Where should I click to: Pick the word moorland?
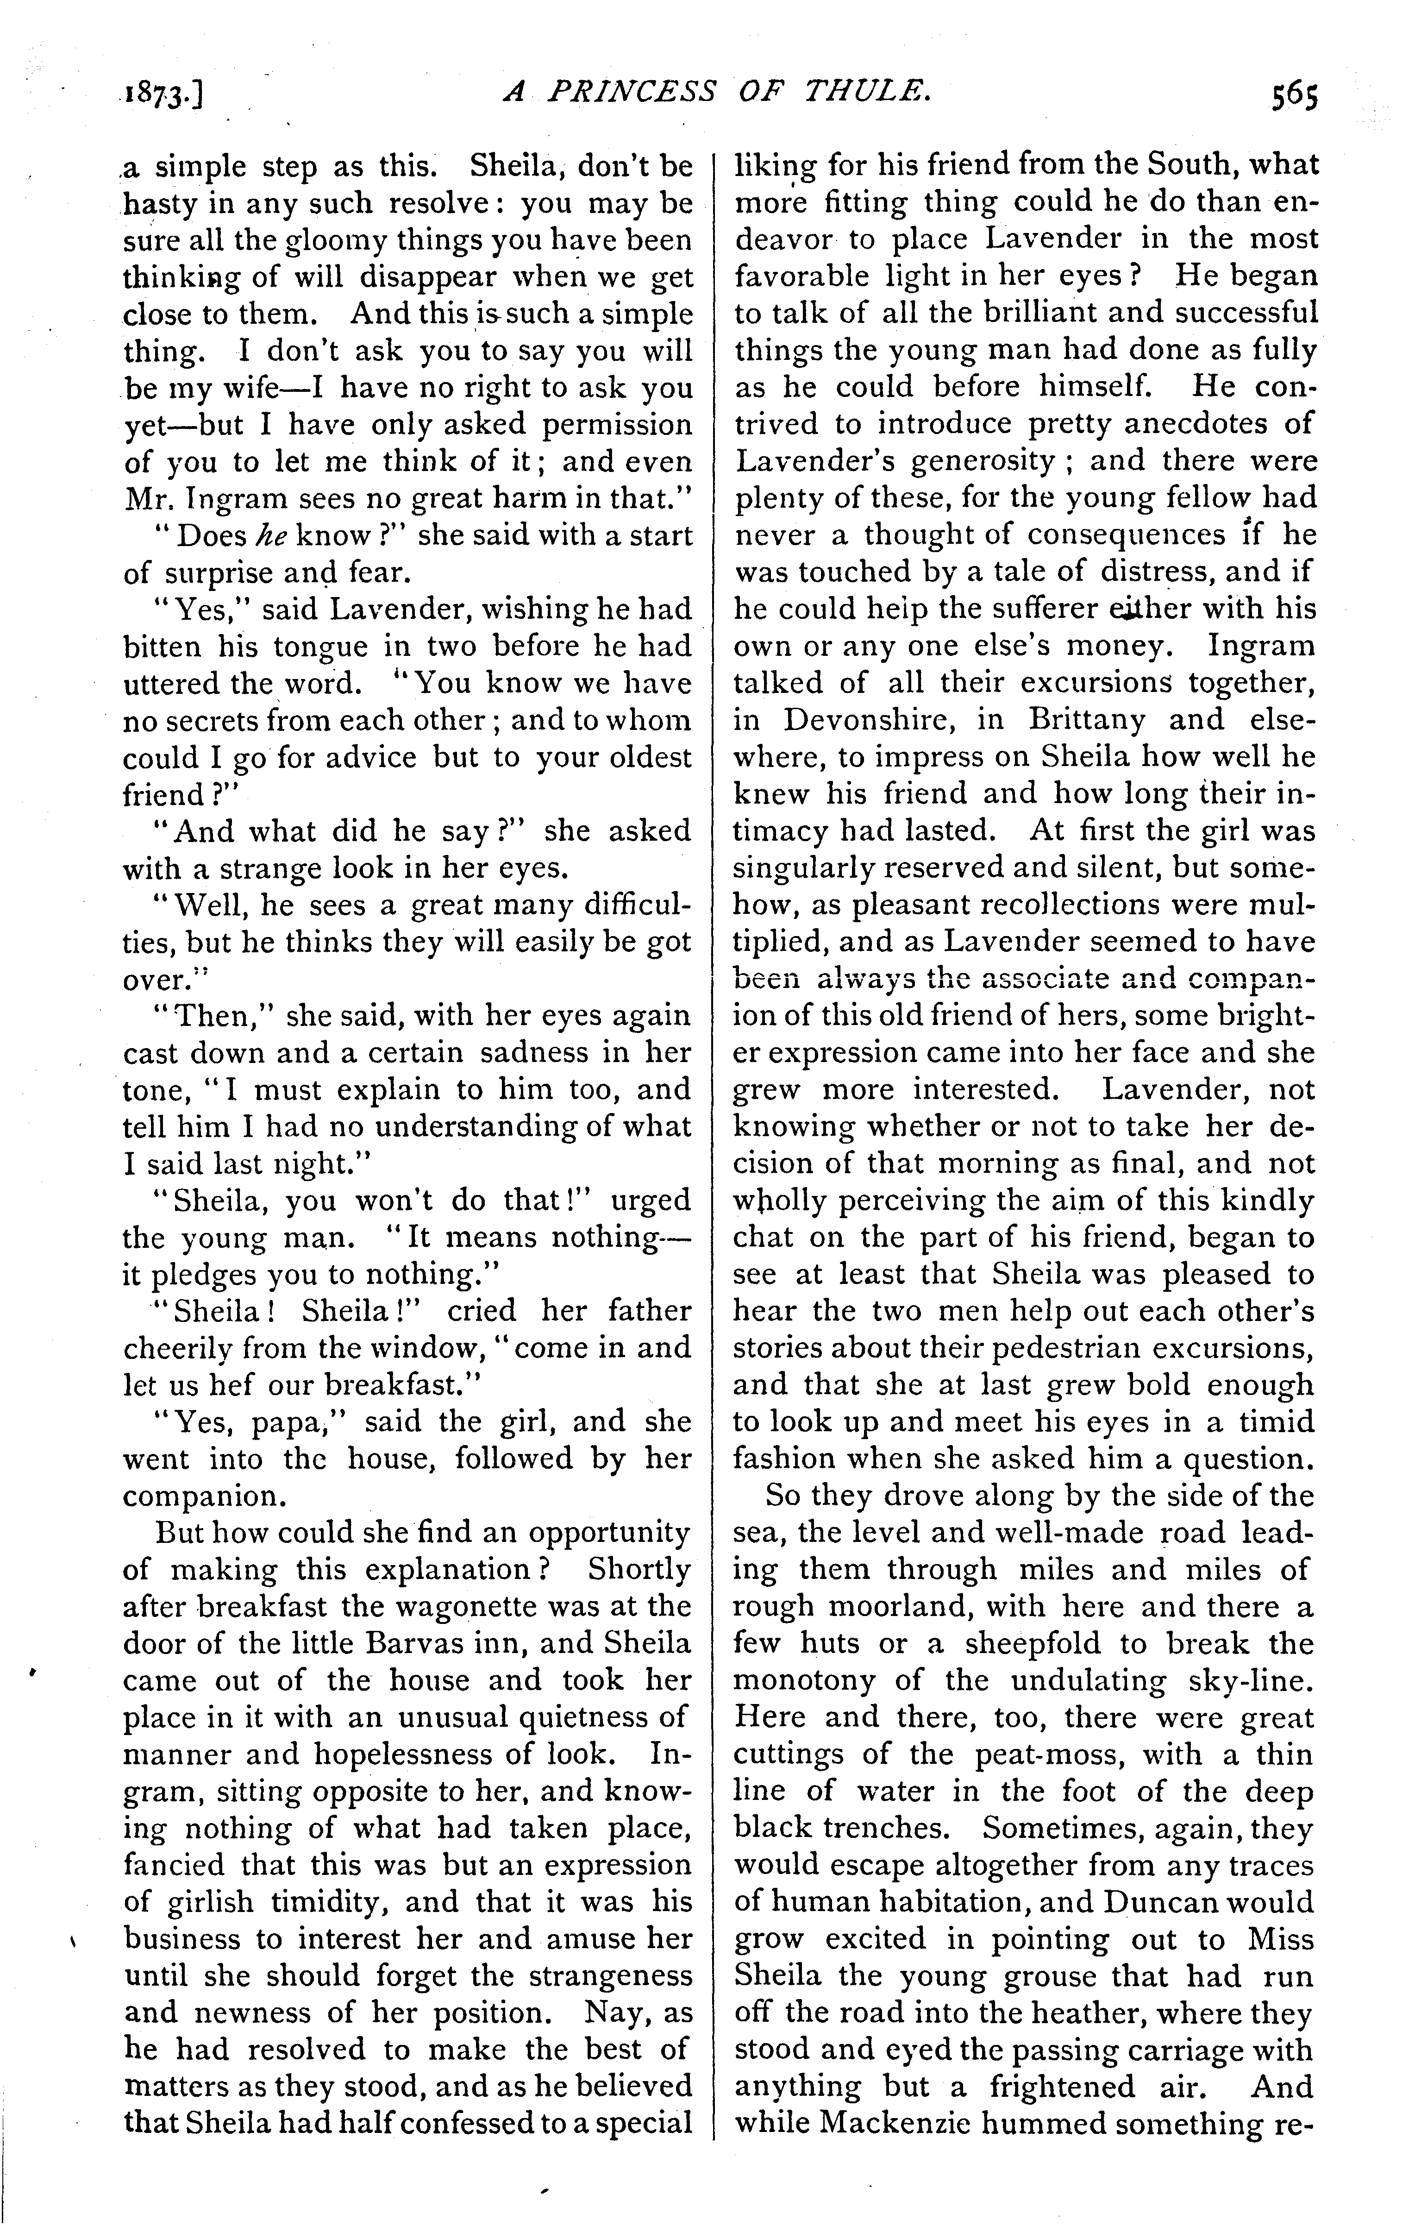[x=893, y=1607]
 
